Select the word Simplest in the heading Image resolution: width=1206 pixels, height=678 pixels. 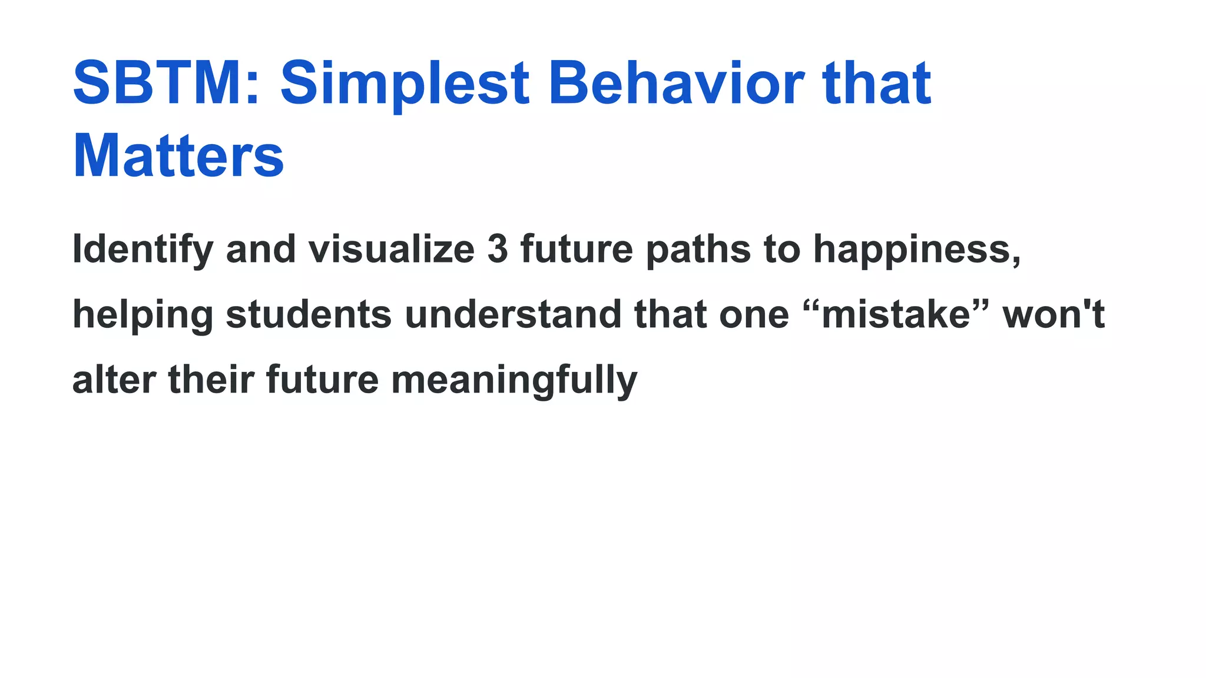[405, 83]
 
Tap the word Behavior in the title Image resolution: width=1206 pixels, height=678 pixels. [676, 83]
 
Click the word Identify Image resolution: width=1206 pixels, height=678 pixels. [143, 250]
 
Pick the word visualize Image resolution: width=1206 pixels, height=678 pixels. [392, 250]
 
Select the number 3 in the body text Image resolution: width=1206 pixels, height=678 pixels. [498, 250]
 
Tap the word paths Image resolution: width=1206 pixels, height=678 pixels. [698, 250]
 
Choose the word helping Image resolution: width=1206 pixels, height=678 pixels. [143, 315]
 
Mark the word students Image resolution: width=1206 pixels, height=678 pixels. [309, 315]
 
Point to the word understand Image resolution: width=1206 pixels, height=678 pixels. [513, 315]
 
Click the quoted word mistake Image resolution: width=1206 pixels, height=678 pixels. [896, 315]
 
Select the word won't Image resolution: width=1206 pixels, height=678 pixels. [1053, 315]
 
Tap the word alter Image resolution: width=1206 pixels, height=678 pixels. [114, 380]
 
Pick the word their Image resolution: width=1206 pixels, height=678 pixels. [211, 380]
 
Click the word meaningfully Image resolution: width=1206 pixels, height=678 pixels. [514, 381]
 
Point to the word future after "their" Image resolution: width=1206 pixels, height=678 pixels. [322, 380]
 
